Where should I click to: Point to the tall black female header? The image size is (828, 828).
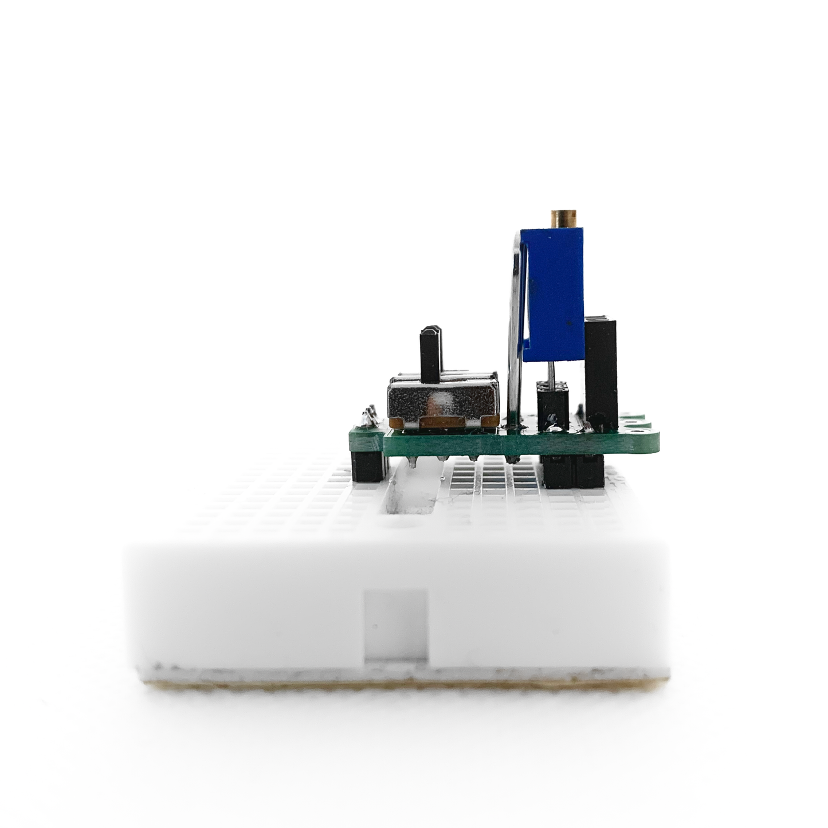coord(601,372)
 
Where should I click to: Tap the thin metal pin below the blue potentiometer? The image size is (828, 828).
coord(551,372)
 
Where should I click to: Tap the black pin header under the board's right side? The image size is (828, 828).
coord(573,471)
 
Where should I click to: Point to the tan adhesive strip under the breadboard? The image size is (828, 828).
coord(401,684)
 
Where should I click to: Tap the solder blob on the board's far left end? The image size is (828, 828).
coord(366,418)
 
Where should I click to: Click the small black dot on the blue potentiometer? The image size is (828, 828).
coord(570,324)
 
